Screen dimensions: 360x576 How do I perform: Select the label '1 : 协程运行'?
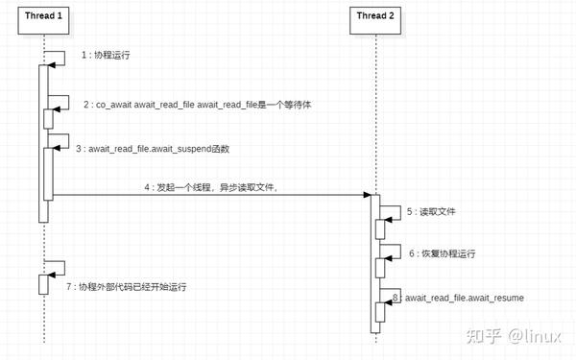coord(106,57)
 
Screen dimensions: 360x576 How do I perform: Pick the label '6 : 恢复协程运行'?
coord(441,254)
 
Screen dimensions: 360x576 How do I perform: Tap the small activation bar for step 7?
coord(42,284)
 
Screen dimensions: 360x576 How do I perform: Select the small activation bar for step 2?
coord(48,118)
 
